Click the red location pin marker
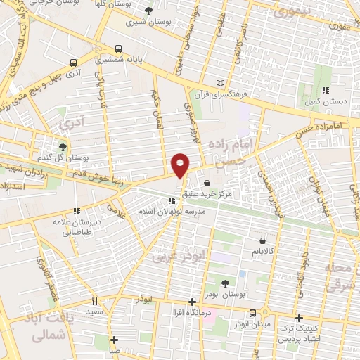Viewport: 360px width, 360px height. [181, 164]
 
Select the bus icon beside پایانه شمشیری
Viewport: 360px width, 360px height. [117, 50]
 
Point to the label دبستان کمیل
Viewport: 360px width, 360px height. [326, 101]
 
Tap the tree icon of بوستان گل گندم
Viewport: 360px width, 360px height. [63, 146]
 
